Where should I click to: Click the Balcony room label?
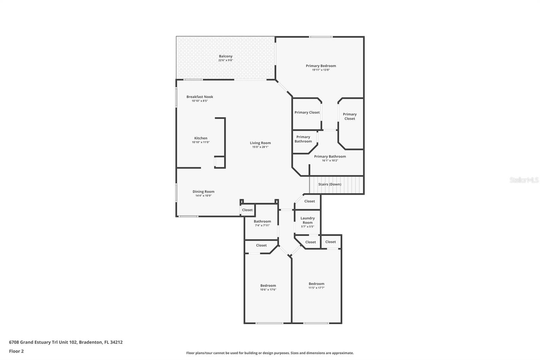click(x=225, y=56)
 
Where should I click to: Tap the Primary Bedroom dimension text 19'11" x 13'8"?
click(x=321, y=70)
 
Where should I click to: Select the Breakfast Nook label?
click(x=200, y=97)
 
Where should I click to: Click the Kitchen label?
click(x=200, y=138)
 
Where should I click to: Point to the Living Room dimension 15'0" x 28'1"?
click(x=260, y=147)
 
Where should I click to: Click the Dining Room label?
click(x=203, y=191)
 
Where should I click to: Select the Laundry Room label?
click(x=307, y=220)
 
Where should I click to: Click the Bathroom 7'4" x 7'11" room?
click(x=262, y=223)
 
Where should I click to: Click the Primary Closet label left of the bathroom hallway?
click(x=307, y=112)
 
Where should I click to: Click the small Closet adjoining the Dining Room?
click(x=247, y=210)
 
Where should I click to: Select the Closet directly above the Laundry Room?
click(x=309, y=201)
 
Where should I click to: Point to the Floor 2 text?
click(x=16, y=351)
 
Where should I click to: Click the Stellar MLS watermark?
click(x=524, y=180)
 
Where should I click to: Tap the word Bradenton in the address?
click(x=90, y=342)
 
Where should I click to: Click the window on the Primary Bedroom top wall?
click(x=321, y=37)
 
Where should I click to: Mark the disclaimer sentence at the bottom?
click(x=270, y=353)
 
